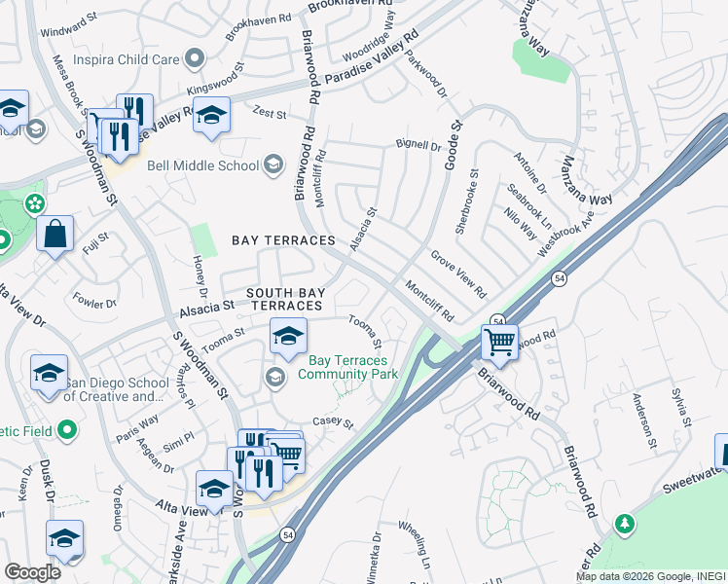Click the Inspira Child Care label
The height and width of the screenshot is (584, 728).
click(x=126, y=59)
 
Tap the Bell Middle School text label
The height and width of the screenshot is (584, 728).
click(x=202, y=165)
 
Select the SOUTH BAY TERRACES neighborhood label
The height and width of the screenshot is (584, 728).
click(x=284, y=299)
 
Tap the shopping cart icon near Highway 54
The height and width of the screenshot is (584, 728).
click(x=499, y=342)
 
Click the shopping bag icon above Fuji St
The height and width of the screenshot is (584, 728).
click(x=55, y=234)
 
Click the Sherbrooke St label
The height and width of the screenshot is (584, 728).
click(x=468, y=201)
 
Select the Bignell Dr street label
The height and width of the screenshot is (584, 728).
click(x=419, y=145)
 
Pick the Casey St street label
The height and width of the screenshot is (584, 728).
click(x=332, y=422)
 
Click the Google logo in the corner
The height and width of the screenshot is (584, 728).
click(x=33, y=572)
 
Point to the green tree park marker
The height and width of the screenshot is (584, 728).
click(x=624, y=525)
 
